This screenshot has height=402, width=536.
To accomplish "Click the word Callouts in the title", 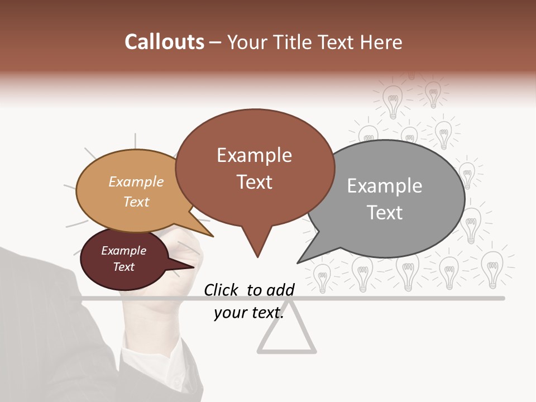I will coord(164,42).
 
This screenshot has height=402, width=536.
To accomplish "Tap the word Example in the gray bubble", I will coord(385,186).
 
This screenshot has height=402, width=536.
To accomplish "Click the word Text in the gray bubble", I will coord(385,213).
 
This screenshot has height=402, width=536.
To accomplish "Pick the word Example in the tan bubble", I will coord(136,182).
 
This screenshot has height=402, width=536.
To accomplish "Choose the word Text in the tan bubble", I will coord(136,202).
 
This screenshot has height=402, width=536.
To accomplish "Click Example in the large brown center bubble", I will coord(254,155).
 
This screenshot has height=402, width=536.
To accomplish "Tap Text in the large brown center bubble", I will coord(254,182).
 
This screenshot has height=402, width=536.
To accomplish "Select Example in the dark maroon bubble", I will coord(123,251).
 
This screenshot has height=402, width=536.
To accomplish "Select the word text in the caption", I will coord(266,313).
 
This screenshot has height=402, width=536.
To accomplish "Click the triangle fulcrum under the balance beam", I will coord(286,338).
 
